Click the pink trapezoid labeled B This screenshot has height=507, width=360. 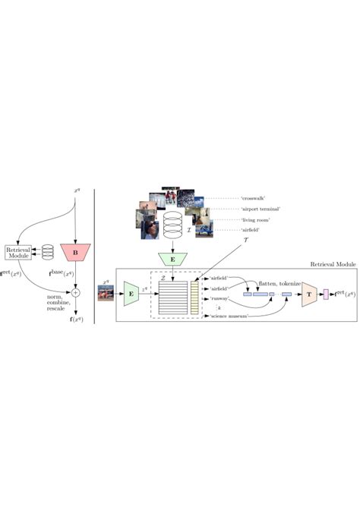(x=75, y=251)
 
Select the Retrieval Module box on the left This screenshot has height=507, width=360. (x=17, y=253)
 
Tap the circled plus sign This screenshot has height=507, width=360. (x=75, y=291)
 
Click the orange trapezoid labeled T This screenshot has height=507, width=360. (x=311, y=292)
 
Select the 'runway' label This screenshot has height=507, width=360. (x=220, y=299)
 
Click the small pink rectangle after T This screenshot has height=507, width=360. (x=326, y=293)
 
